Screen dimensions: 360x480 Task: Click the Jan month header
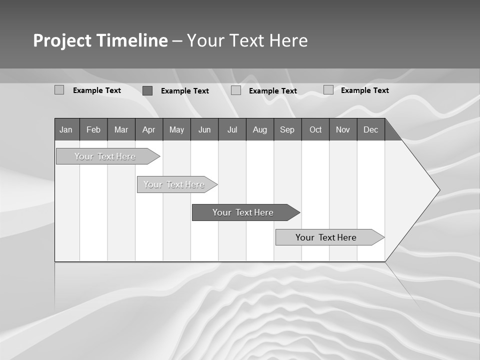point(66,129)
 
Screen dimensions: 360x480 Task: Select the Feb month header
point(93,129)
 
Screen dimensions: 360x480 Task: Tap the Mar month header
point(121,129)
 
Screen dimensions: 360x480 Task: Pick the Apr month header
point(149,129)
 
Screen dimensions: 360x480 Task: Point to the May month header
point(176,129)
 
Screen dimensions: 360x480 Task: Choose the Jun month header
point(204,129)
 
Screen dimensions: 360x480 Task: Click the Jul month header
point(232,129)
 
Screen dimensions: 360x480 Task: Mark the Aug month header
point(260,129)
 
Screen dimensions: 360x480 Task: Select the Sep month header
point(287,129)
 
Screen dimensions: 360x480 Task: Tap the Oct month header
point(315,129)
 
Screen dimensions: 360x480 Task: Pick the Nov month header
point(343,129)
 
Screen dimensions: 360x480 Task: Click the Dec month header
point(371,129)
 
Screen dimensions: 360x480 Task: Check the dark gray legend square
point(147,90)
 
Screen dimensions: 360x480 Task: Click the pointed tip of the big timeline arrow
point(438,190)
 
